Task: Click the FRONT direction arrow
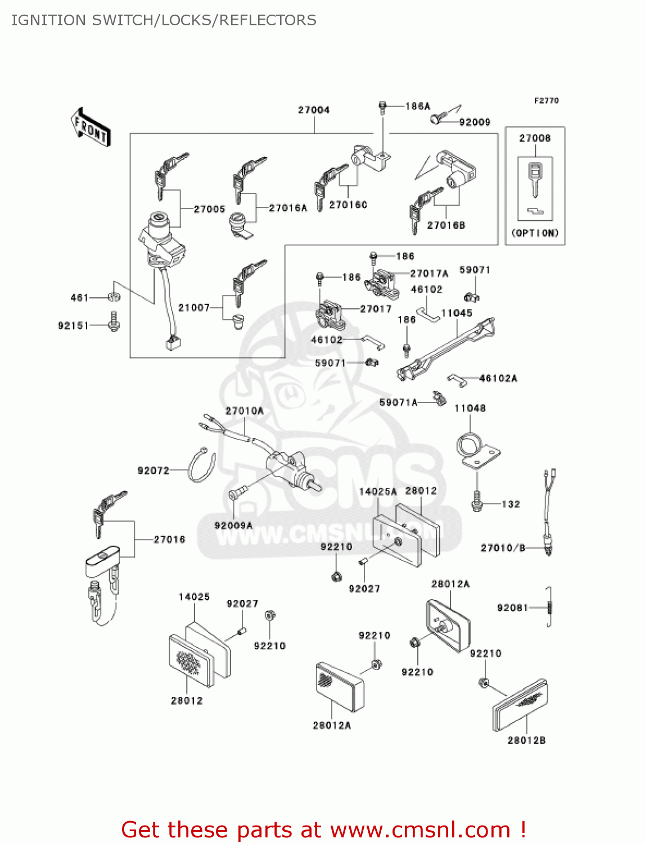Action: click(x=91, y=127)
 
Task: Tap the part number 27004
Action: click(x=314, y=110)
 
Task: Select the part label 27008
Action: click(x=535, y=138)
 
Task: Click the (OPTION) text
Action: click(x=535, y=233)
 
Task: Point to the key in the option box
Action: click(x=535, y=179)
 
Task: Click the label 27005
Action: click(x=209, y=209)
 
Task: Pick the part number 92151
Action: click(x=73, y=325)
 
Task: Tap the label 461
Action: click(x=79, y=297)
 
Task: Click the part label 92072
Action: click(x=154, y=470)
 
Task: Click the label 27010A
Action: click(x=244, y=411)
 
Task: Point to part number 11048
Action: click(x=470, y=408)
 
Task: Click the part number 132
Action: click(x=511, y=504)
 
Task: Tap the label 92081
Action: click(x=512, y=608)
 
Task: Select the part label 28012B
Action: click(x=526, y=740)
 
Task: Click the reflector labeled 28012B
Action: click(x=520, y=705)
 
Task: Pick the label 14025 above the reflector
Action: click(x=194, y=597)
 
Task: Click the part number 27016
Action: click(x=169, y=540)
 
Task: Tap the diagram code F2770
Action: click(x=546, y=101)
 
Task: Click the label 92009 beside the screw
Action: click(x=475, y=122)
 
